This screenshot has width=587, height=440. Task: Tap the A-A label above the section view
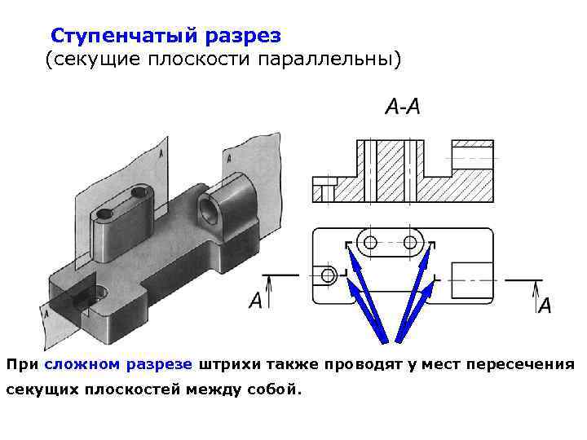point(402,108)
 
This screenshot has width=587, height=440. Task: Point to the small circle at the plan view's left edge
point(329,275)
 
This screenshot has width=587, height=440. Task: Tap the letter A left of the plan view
point(256,301)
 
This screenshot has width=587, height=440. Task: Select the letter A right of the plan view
point(545,306)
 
